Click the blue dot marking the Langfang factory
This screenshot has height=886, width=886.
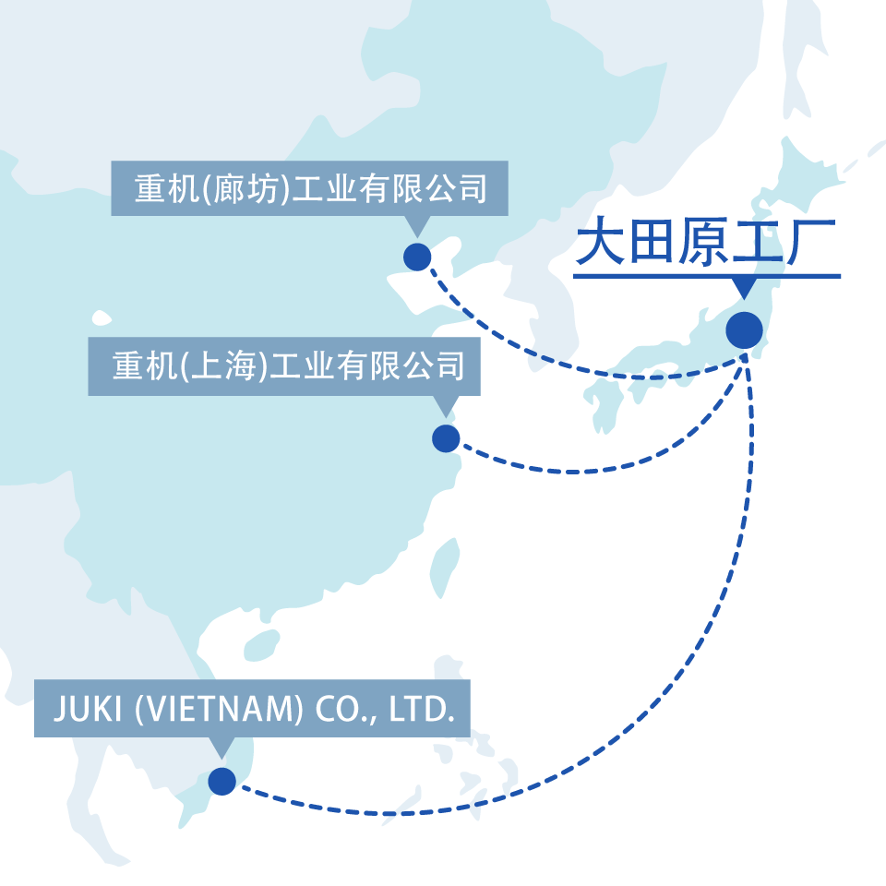coord(417,257)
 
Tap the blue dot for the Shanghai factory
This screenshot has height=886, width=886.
coord(446,438)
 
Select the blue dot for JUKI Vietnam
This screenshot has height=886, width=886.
coord(221,782)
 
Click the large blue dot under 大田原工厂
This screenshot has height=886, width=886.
coord(744,330)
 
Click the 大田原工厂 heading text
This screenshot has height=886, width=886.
coord(706,243)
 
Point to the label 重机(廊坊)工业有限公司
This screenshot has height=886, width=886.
coord(309,189)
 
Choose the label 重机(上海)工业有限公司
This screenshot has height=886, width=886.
coord(284,366)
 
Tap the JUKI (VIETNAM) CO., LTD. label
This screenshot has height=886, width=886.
coord(252,709)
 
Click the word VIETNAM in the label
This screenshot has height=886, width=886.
coord(220,709)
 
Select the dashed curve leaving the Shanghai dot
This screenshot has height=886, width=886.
coord(572,472)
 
